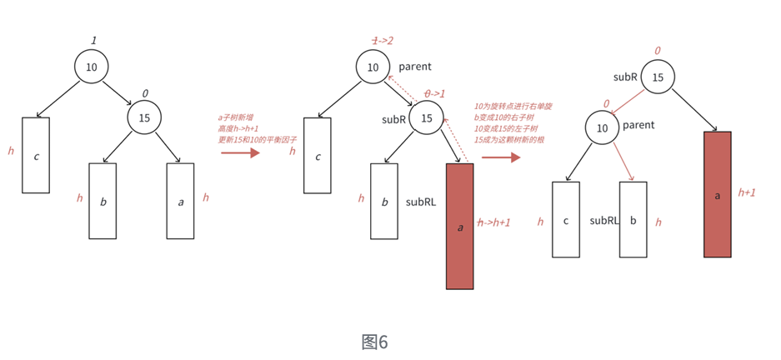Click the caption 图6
tap(374, 342)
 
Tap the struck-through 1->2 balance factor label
tap(383, 41)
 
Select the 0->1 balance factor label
tap(434, 93)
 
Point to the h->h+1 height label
tap(493, 222)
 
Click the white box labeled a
tap(180, 201)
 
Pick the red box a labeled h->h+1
tap(459, 226)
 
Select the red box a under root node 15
tap(718, 194)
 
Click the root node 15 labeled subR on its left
tap(658, 77)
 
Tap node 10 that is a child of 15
tap(602, 127)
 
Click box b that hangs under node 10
tap(633, 220)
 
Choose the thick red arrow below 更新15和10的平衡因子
tap(240, 152)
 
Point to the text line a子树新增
tap(237, 117)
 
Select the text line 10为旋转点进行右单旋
tap(513, 107)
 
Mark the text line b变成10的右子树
tap(507, 117)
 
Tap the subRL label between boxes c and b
tap(603, 221)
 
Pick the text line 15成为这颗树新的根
tap(510, 139)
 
